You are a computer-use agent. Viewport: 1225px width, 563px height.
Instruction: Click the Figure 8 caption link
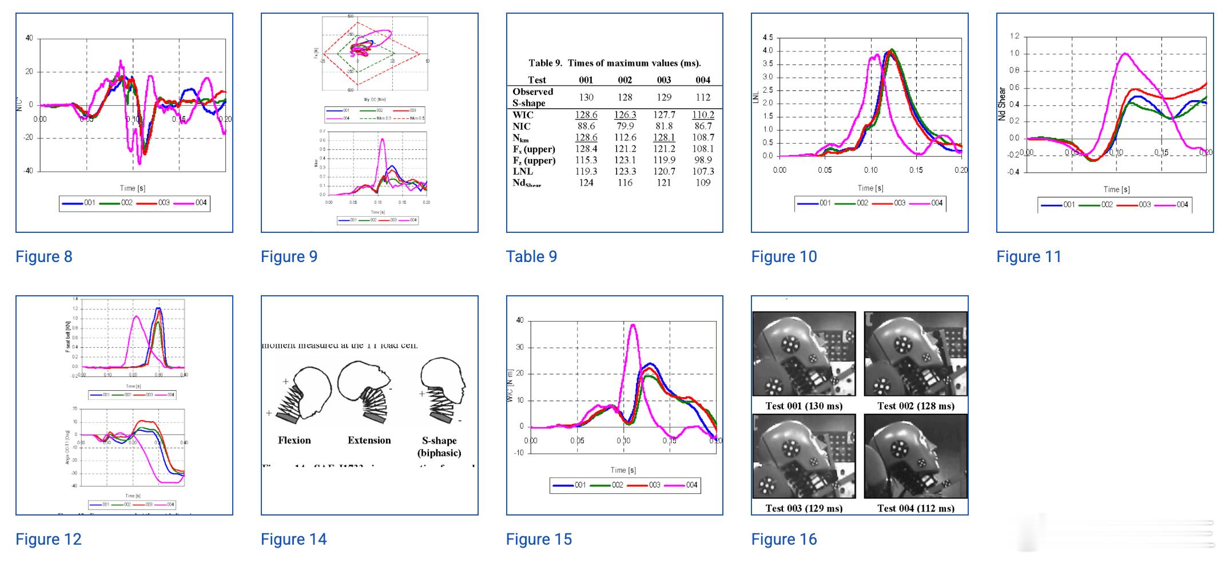44,257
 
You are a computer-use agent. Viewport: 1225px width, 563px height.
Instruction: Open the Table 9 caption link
531,257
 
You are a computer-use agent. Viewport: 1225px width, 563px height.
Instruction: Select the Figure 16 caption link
783,540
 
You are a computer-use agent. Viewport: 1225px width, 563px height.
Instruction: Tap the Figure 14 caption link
293,540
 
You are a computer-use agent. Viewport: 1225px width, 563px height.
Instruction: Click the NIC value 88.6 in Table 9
586,126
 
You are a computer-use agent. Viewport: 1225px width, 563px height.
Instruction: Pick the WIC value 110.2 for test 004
703,115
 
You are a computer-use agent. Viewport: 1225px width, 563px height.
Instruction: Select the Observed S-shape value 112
703,97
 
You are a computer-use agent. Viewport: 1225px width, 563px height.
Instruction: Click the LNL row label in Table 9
523,171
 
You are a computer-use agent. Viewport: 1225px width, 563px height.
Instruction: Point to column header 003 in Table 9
663,80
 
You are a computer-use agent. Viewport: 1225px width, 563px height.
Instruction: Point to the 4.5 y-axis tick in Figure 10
767,38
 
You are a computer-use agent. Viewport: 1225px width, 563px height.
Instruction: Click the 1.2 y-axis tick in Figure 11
1014,36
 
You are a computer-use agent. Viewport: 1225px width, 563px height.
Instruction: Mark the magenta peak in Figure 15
633,325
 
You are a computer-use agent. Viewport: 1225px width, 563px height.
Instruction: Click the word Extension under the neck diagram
369,441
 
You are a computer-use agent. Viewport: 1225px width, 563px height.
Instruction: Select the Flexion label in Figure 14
294,441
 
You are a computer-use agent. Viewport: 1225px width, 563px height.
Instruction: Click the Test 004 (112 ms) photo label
916,508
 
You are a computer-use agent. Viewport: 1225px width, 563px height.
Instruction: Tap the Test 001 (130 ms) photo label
804,406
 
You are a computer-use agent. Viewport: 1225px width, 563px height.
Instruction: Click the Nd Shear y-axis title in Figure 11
1002,104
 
